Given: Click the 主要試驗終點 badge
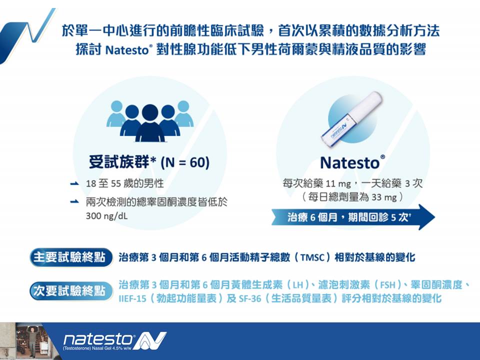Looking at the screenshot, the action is tap(70, 257).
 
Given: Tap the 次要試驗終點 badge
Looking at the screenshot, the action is tap(70, 291).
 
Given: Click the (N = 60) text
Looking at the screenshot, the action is tap(185, 162).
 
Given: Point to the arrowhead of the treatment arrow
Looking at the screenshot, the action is tap(426, 217).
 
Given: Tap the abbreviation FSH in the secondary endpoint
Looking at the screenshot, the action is tap(387, 285).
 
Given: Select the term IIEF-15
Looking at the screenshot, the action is tap(132, 298).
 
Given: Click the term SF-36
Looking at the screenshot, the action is tap(250, 298).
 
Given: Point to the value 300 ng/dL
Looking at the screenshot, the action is tap(107, 216).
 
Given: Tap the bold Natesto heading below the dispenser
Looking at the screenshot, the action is tap(352, 162).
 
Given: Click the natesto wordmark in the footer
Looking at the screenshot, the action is tap(97, 340).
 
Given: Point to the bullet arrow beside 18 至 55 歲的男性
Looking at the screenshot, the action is tap(74, 183).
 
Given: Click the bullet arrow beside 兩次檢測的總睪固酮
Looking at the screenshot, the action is tap(74, 201).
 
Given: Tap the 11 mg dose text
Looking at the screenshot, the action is tap(338, 184).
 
